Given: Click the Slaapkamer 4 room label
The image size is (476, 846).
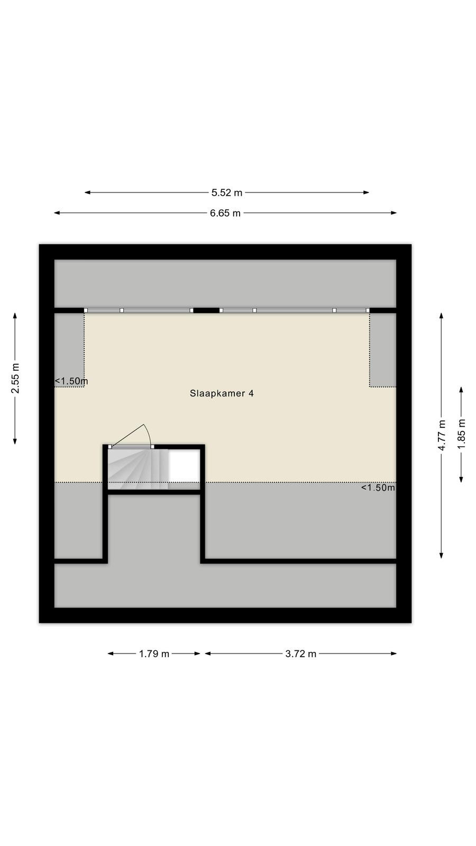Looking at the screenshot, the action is click(222, 393).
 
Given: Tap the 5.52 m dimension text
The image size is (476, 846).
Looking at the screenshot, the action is click(227, 192).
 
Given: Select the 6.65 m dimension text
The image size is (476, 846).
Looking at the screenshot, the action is click(225, 213).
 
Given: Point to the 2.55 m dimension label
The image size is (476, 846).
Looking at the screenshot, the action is click(15, 378).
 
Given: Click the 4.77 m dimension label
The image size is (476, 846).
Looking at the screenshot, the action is click(441, 435).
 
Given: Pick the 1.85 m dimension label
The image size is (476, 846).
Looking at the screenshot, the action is click(461, 434).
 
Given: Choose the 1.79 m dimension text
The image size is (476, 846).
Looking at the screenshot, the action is click(154, 654).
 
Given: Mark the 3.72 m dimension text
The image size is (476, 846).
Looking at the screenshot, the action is click(301, 654).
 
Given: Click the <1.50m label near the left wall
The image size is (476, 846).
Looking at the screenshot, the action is click(71, 381).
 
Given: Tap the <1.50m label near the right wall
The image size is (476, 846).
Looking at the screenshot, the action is click(378, 488).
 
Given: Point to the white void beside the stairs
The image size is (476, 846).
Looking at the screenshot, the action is click(184, 466).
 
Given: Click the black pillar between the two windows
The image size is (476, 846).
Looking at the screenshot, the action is click(206, 310).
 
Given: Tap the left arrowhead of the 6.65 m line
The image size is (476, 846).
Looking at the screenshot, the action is click(57, 213).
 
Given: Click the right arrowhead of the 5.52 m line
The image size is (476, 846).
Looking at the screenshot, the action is click(366, 192).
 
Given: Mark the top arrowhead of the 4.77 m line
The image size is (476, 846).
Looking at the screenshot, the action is click(441, 316).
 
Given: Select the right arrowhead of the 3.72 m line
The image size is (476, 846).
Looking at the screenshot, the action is click(393, 654).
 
